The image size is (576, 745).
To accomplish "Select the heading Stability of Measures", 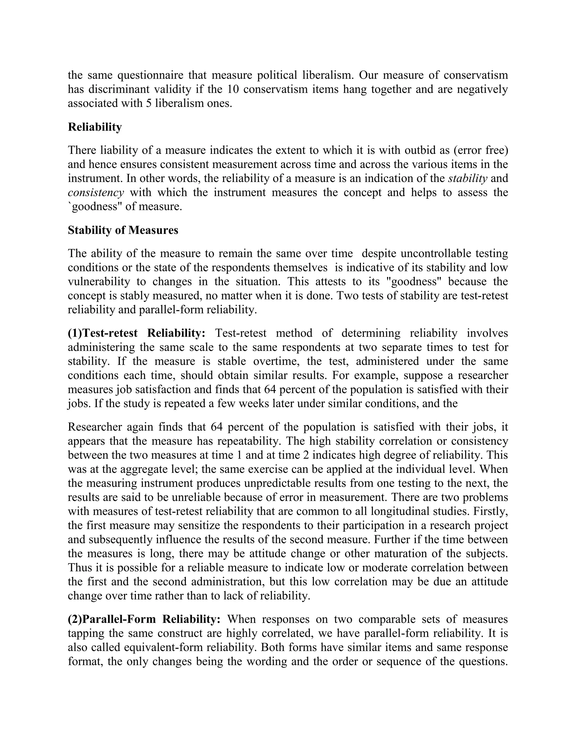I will pos(123,230).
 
